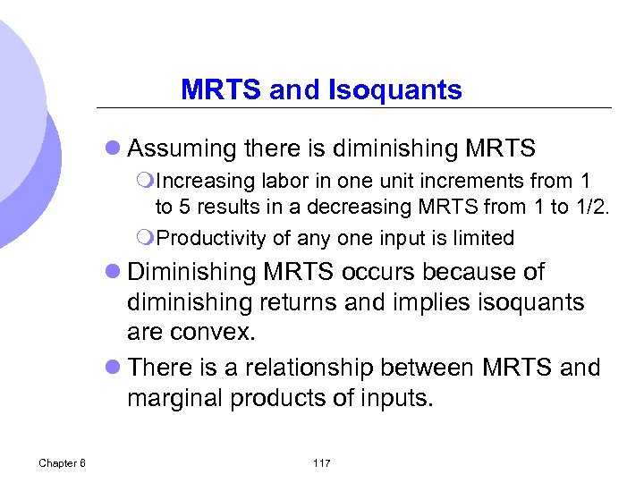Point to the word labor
[287, 182]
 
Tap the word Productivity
[208, 238]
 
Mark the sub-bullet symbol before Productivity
[148, 238]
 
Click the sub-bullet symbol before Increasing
[148, 182]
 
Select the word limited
[483, 238]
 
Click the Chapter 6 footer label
[62, 462]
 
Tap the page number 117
[322, 462]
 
